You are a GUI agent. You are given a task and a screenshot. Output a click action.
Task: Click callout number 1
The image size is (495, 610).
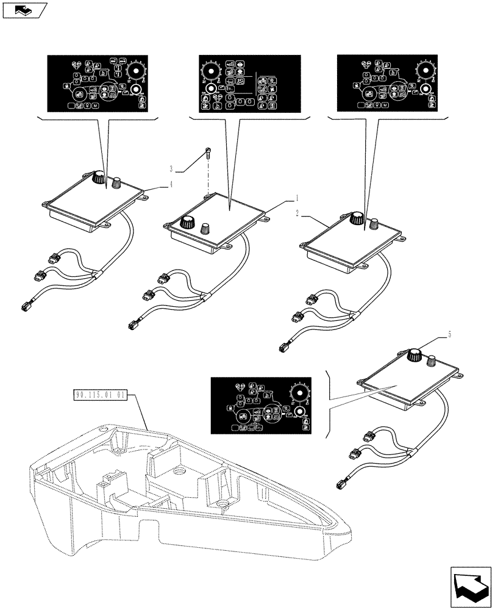click(x=297, y=198)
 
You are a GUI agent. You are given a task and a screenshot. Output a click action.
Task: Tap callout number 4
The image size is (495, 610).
click(x=172, y=182)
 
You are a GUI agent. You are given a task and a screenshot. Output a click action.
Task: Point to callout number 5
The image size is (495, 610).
click(x=450, y=334)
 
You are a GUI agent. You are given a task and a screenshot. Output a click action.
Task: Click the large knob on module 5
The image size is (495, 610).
click(x=416, y=354)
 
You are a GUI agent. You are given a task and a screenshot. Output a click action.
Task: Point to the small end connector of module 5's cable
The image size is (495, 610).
click(x=340, y=485)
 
